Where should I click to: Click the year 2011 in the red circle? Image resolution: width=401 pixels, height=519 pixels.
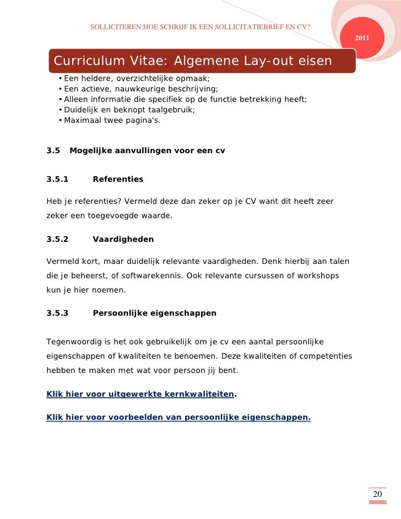pyautogui.click(x=362, y=37)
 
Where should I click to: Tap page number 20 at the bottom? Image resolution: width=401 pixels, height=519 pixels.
pyautogui.click(x=377, y=494)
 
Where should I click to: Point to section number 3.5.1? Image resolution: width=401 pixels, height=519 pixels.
pyautogui.click(x=57, y=179)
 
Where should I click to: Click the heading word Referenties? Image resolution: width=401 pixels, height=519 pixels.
pyautogui.click(x=118, y=179)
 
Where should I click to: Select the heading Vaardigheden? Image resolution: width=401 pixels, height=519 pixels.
pyautogui.click(x=123, y=240)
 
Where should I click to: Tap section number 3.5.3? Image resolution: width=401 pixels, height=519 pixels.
pyautogui.click(x=57, y=313)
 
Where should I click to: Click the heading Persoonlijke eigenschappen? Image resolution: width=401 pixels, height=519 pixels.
pyautogui.click(x=154, y=313)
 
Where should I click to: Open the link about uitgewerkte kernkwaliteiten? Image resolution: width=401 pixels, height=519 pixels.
pyautogui.click(x=140, y=394)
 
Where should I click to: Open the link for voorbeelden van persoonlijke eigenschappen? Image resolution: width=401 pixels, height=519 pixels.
pyautogui.click(x=178, y=418)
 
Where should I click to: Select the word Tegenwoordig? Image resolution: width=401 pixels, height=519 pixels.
pyautogui.click(x=73, y=342)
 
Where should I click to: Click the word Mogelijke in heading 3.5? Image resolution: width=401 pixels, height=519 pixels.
pyautogui.click(x=90, y=150)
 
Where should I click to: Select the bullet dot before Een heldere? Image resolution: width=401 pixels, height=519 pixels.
pyautogui.click(x=59, y=79)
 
